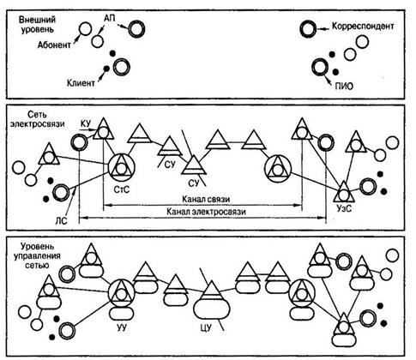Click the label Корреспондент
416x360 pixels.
coord(363,27)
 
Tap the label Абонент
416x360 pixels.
coord(54,45)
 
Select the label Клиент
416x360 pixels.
coord(81,83)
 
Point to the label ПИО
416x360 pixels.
coord(344,86)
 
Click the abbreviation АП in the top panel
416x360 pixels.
coord(109,19)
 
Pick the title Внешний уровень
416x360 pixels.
coord(37,24)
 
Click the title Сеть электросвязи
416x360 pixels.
coord(37,119)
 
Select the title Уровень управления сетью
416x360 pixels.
coord(37,255)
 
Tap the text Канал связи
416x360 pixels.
coord(206,199)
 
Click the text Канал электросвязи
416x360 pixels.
coord(206,212)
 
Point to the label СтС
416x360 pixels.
coord(121,189)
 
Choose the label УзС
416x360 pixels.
coord(344,208)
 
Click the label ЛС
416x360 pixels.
coord(61,220)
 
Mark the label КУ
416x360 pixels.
coord(86,123)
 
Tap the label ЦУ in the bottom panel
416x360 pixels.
coord(206,327)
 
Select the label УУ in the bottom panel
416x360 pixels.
coord(122,327)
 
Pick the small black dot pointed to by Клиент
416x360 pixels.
coord(106,69)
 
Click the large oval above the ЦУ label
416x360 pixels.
coord(212,309)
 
